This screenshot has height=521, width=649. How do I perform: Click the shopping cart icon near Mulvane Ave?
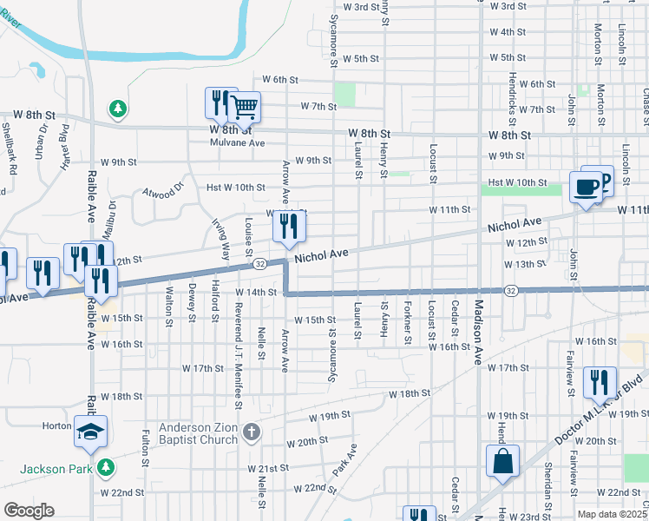tap(246, 108)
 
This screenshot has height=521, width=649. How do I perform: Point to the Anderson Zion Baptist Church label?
tap(198, 434)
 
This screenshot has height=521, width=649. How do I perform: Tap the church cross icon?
tap(251, 432)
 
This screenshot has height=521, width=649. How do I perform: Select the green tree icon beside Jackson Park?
tap(106, 467)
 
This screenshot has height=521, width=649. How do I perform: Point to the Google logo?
tap(29, 510)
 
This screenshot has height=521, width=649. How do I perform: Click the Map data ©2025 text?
tap(613, 514)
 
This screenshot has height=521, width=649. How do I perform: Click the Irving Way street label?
tap(221, 239)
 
